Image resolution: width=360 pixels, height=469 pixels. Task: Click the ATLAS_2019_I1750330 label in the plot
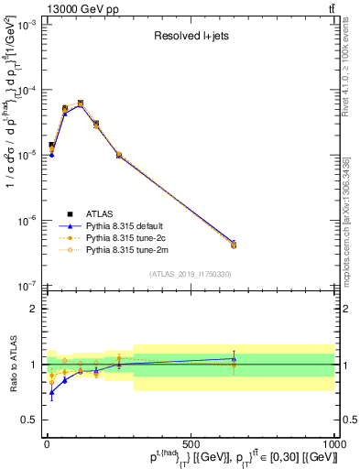[191, 274]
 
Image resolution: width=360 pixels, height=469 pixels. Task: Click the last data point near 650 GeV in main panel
[234, 245]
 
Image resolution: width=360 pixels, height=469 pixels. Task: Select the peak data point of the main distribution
[81, 104]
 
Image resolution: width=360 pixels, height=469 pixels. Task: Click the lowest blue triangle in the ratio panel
[51, 393]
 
